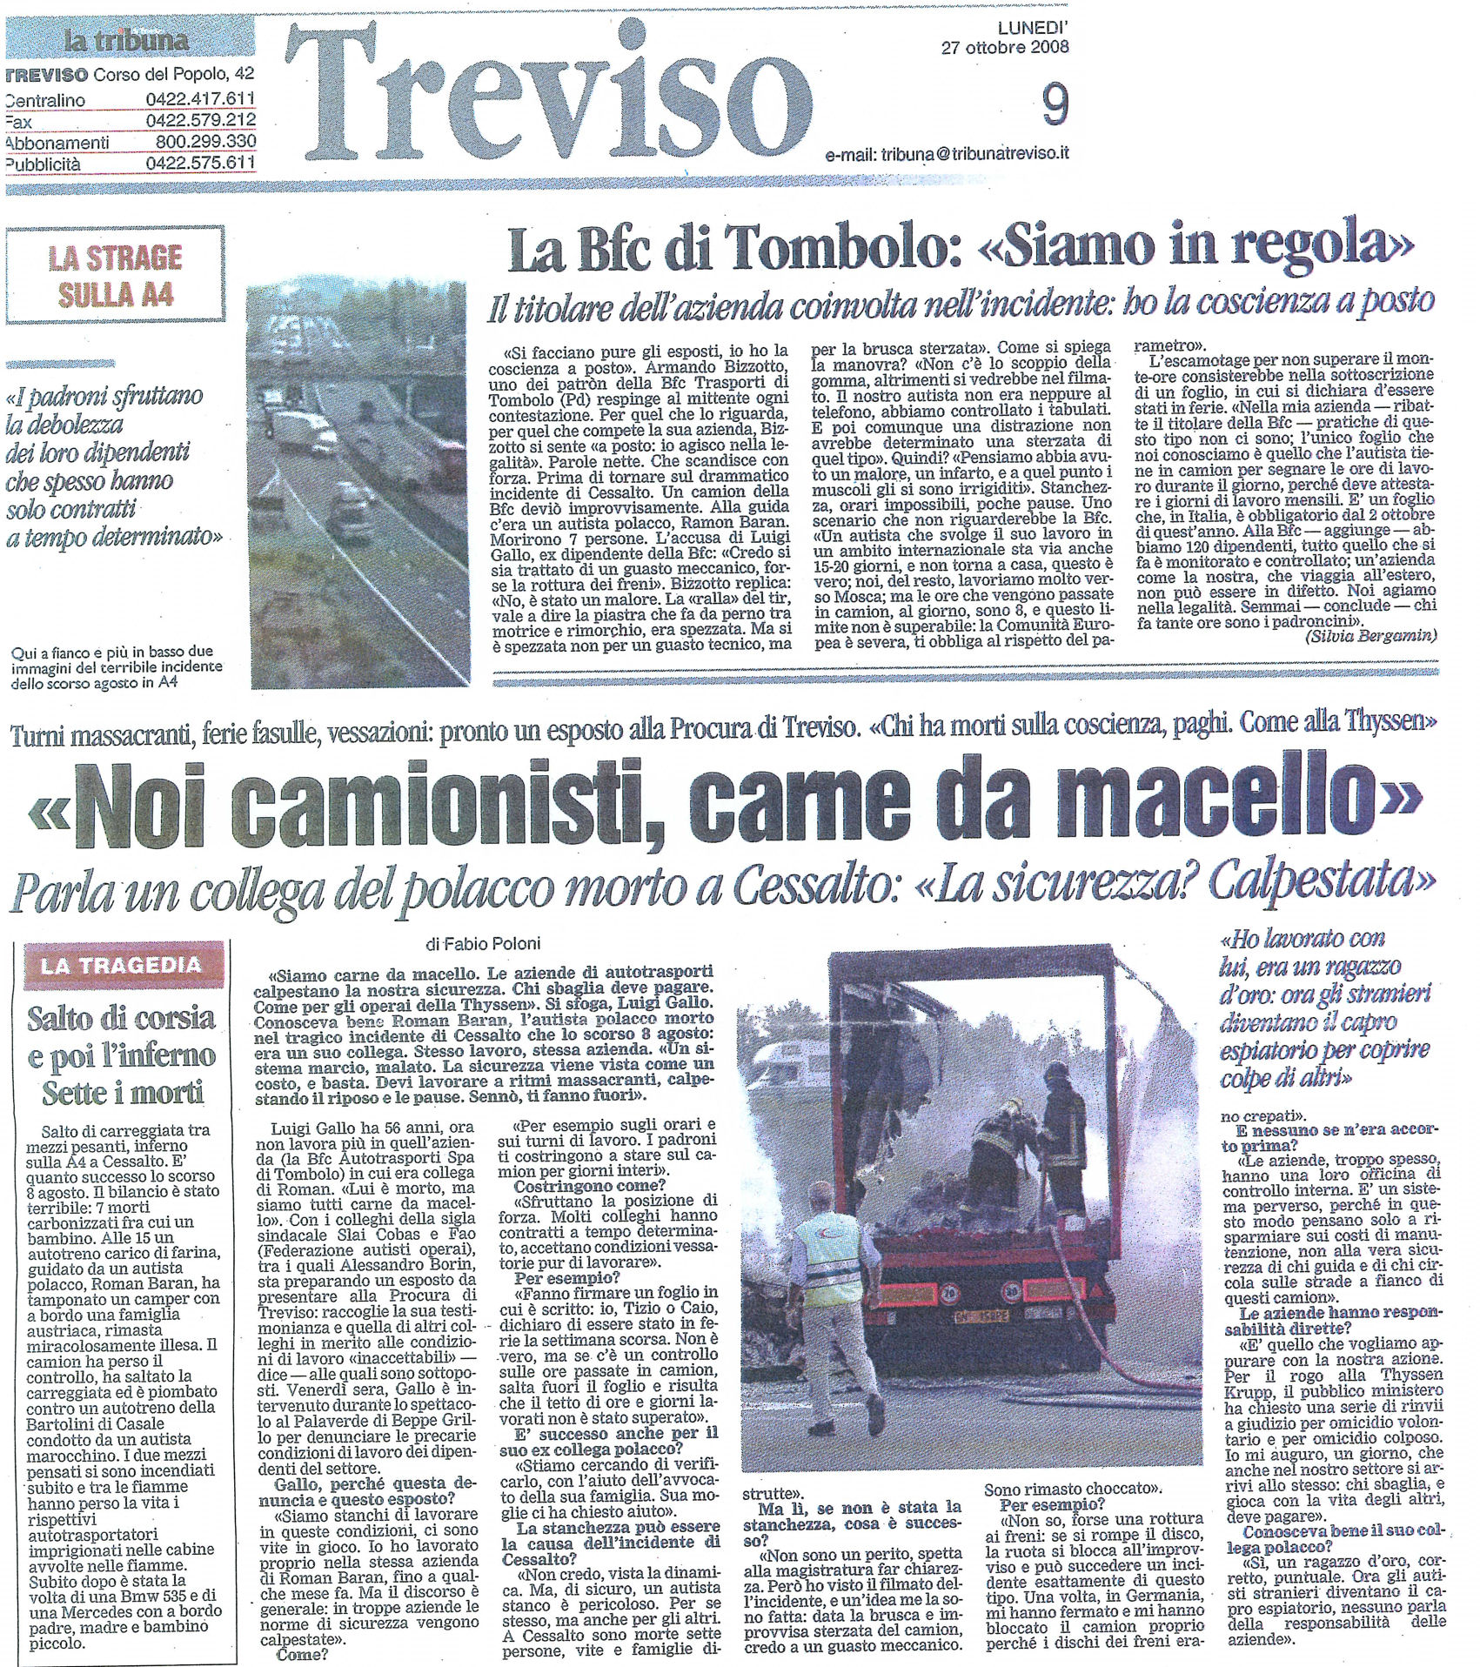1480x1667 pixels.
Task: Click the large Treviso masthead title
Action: [x=548, y=96]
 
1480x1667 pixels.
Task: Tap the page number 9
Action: [x=1054, y=109]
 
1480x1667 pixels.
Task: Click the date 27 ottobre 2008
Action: [x=1005, y=48]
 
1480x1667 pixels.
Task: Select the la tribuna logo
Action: [x=125, y=40]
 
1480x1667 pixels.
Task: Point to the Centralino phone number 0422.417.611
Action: [x=200, y=99]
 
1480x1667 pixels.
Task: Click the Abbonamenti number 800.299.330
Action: [x=205, y=141]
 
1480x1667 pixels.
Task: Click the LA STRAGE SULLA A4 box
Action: [x=115, y=275]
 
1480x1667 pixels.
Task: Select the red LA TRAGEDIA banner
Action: [x=120, y=965]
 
